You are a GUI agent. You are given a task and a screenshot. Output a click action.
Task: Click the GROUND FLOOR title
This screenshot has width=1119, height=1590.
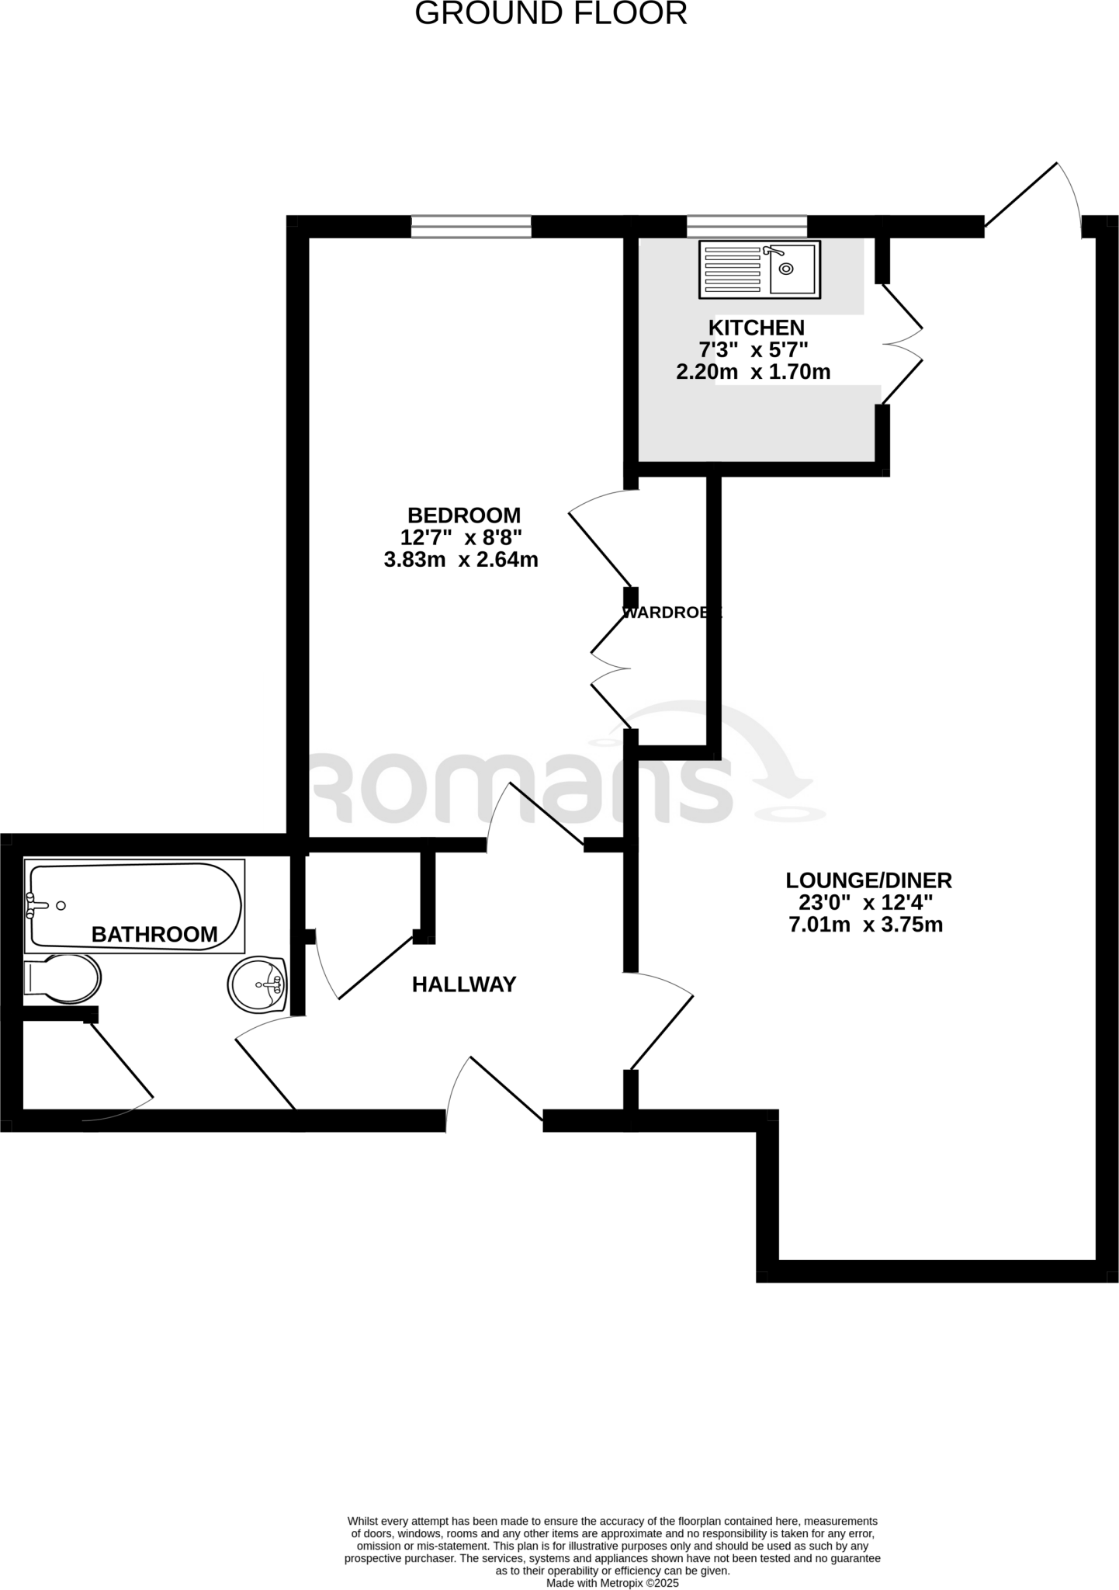pos(551,14)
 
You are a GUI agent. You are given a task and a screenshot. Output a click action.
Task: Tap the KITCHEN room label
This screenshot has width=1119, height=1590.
pos(756,328)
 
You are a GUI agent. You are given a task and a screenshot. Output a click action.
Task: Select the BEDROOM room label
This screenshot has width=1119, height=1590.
pos(464,515)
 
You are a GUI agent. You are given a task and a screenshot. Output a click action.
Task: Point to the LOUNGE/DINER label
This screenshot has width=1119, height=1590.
pos(868,880)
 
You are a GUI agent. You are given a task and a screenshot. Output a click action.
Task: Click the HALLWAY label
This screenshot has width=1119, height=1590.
pos(463,984)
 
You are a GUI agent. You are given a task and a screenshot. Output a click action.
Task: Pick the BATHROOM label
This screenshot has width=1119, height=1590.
pos(154,934)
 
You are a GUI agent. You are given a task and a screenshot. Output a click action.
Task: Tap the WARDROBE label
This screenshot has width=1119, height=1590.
pos(672,613)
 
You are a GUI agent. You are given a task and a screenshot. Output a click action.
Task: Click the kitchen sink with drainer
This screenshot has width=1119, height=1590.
pos(759,269)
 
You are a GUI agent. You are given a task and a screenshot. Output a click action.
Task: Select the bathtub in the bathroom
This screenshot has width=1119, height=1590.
pos(134,905)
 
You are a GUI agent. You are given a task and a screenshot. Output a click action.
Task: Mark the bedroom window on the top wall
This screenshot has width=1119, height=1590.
pos(471,226)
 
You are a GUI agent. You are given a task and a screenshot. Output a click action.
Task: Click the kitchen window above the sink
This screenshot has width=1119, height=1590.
pos(747,226)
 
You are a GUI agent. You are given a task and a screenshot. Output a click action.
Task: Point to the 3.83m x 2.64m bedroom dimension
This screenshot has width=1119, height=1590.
pos(461,559)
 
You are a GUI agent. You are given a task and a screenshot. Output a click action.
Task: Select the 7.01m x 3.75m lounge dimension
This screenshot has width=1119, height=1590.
pos(865,925)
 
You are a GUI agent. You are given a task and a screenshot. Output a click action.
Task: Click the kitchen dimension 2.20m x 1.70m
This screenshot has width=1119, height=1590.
pos(753,372)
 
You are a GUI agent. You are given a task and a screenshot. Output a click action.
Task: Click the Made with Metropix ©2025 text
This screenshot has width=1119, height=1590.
pos(612,1583)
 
